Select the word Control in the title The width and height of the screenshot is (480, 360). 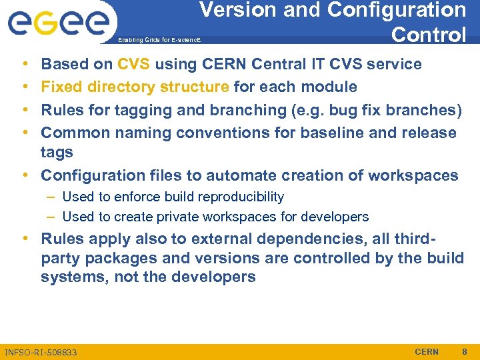[x=429, y=34]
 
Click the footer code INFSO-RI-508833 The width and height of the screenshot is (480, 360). [x=41, y=352]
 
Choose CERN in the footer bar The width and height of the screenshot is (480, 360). [x=427, y=351]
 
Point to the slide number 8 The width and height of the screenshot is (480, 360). [x=465, y=351]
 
